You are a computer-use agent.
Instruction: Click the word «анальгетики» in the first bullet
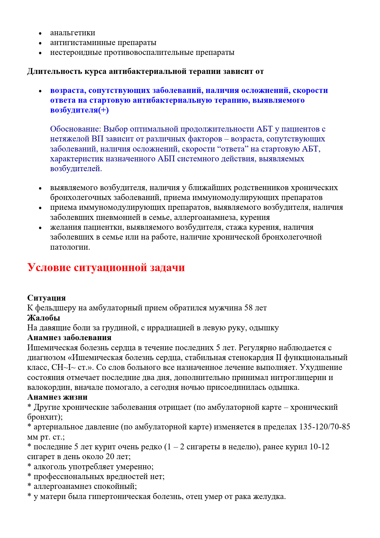click(73, 33)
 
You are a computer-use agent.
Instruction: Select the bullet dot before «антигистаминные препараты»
click(40, 43)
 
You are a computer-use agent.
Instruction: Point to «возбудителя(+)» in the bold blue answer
click(79, 110)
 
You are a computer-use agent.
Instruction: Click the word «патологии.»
click(70, 247)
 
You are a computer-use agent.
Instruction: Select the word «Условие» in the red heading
click(49, 267)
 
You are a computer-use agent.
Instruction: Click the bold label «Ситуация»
click(47, 298)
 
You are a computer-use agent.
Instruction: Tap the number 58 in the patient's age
click(249, 308)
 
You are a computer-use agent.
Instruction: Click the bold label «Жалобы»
click(44, 318)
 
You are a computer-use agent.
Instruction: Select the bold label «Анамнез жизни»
click(57, 397)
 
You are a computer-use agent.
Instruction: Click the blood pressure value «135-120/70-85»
click(325, 427)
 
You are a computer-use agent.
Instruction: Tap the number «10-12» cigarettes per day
click(319, 447)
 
